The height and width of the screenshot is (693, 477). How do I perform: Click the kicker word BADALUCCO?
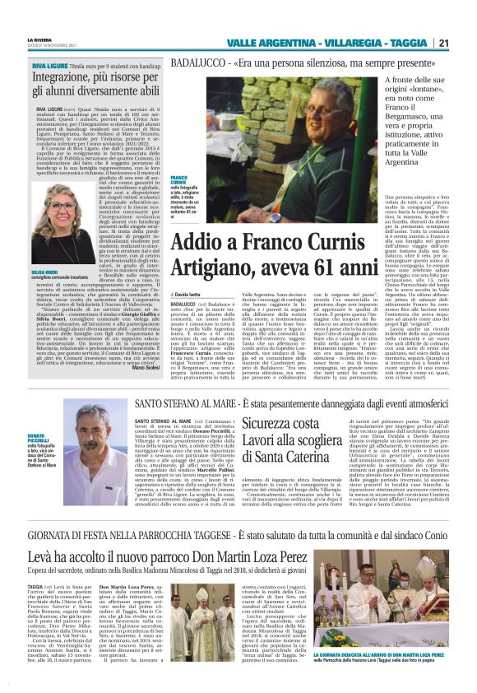click(197, 63)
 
